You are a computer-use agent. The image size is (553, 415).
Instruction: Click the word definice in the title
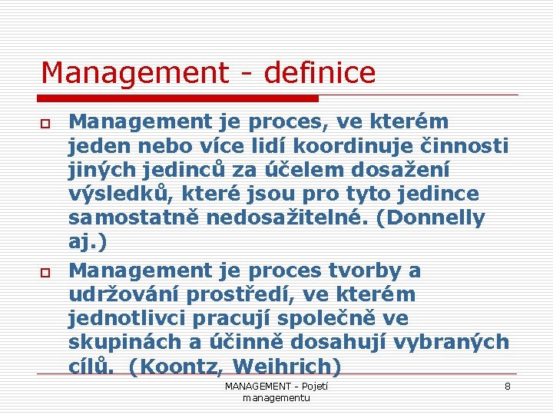coord(320,74)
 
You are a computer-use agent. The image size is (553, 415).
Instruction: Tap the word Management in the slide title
coord(134,74)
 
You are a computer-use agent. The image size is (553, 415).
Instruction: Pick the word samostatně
coord(128,219)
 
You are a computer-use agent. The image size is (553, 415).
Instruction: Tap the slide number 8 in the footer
coord(507,386)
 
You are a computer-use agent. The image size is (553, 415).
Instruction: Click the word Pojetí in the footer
coord(315,386)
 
